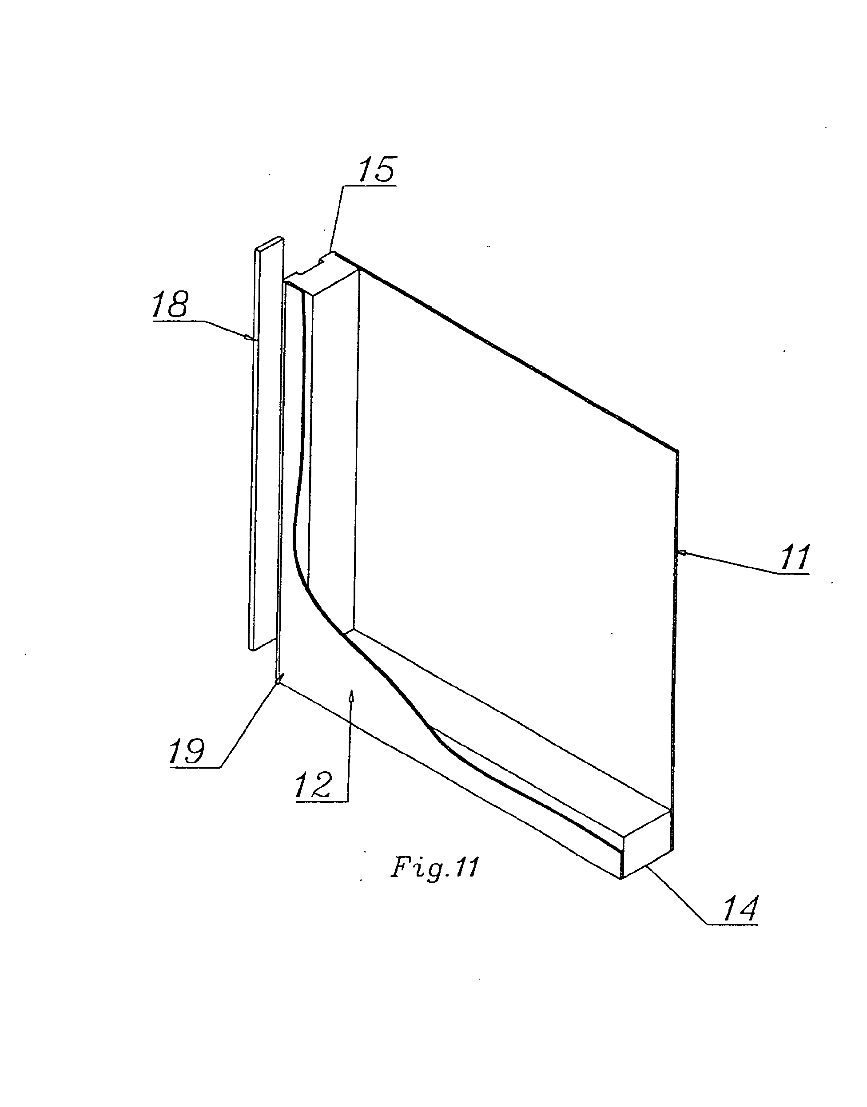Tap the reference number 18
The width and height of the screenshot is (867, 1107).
tap(170, 305)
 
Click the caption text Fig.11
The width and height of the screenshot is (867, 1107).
tap(434, 868)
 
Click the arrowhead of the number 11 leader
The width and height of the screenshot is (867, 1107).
tap(683, 552)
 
